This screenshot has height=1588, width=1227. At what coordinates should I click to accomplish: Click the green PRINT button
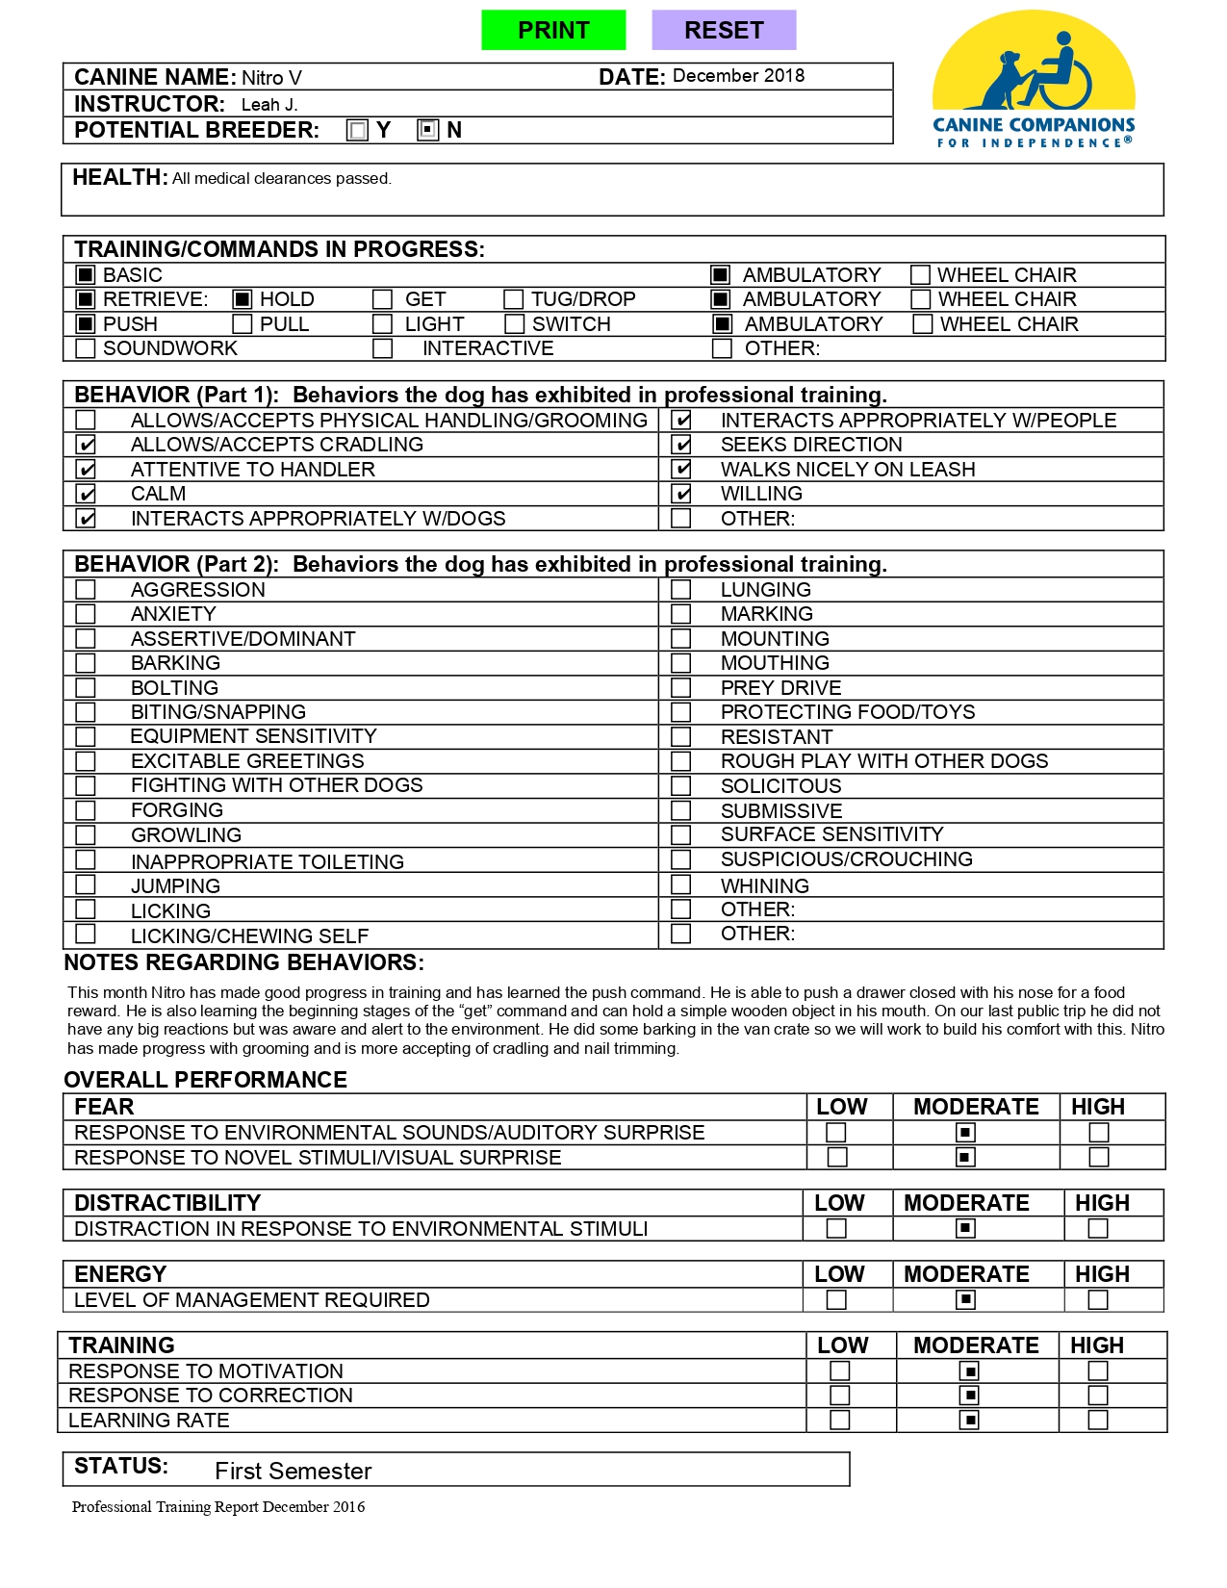(553, 30)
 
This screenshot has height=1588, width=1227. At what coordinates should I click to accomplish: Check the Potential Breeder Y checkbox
(358, 130)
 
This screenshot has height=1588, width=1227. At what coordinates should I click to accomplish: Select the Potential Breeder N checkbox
(428, 130)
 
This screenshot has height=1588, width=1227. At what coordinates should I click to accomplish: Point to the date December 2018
(738, 76)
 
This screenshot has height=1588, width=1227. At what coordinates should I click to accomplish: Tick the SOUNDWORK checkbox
(86, 348)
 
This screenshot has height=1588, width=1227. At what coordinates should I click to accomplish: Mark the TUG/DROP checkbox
(514, 299)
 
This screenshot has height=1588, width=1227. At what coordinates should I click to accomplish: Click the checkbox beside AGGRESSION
(86, 589)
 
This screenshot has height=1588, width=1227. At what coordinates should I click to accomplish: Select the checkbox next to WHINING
(681, 884)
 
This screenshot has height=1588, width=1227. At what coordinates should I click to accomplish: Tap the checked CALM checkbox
(87, 494)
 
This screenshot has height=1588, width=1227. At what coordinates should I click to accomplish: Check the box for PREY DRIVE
(681, 687)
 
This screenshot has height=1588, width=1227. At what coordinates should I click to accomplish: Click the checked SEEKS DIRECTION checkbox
(681, 445)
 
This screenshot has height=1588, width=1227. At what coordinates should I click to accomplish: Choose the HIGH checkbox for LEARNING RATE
(1098, 1420)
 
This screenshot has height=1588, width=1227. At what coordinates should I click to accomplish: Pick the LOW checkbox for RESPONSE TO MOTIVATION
(840, 1370)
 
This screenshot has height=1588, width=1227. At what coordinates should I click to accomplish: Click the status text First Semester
(293, 1471)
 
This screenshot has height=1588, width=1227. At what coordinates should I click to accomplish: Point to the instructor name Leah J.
(269, 105)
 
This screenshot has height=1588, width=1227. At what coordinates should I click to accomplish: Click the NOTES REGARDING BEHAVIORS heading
(243, 962)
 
